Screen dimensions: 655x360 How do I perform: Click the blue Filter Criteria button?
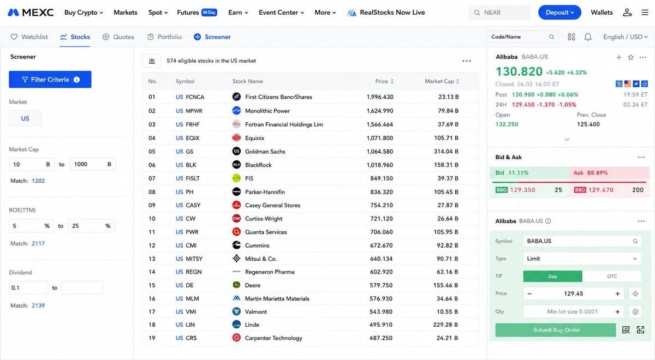click(50, 80)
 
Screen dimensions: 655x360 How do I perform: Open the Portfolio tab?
click(165, 37)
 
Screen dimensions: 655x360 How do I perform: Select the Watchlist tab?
click(29, 37)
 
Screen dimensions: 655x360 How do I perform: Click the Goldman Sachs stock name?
click(265, 152)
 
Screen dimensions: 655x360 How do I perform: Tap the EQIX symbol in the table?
click(192, 138)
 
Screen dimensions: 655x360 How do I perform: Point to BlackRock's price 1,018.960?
click(380, 165)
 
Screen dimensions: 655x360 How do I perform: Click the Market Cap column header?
click(442, 81)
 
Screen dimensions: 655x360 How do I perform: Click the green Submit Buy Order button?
click(556, 330)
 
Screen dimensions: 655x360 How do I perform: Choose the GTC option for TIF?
click(612, 276)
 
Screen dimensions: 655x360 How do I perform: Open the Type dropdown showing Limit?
click(582, 259)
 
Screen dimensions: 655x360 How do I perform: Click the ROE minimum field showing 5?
click(31, 226)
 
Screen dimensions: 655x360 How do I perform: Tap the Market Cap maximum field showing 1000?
click(92, 164)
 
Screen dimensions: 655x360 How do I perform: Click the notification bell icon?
click(588, 37)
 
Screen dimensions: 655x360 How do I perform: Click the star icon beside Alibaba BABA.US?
click(631, 57)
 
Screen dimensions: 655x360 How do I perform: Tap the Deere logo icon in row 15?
click(236, 285)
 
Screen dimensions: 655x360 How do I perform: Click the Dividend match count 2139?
click(38, 305)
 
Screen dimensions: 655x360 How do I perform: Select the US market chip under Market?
click(25, 118)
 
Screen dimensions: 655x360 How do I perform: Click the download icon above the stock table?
click(152, 61)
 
